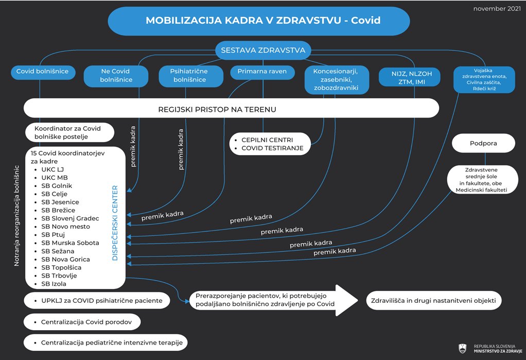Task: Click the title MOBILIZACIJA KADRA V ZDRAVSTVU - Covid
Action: [x=263, y=20]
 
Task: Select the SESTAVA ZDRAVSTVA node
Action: [x=263, y=50]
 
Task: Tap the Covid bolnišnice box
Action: [x=43, y=72]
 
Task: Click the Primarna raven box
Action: [x=262, y=72]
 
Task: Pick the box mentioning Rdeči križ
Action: [x=484, y=80]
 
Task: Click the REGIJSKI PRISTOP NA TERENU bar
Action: [x=231, y=109]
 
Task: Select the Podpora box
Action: [x=483, y=143]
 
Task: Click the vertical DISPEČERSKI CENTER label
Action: [x=115, y=223]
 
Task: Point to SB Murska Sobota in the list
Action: [x=70, y=243]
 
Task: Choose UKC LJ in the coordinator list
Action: [x=52, y=169]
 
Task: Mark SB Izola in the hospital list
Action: [x=54, y=284]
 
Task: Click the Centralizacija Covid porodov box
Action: [x=82, y=322]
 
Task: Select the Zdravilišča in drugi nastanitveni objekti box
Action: [x=433, y=301]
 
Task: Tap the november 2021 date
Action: [x=497, y=9]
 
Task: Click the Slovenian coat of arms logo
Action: [x=463, y=348]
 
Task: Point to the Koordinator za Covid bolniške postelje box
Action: [x=70, y=132]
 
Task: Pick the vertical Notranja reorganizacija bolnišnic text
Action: [x=16, y=216]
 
